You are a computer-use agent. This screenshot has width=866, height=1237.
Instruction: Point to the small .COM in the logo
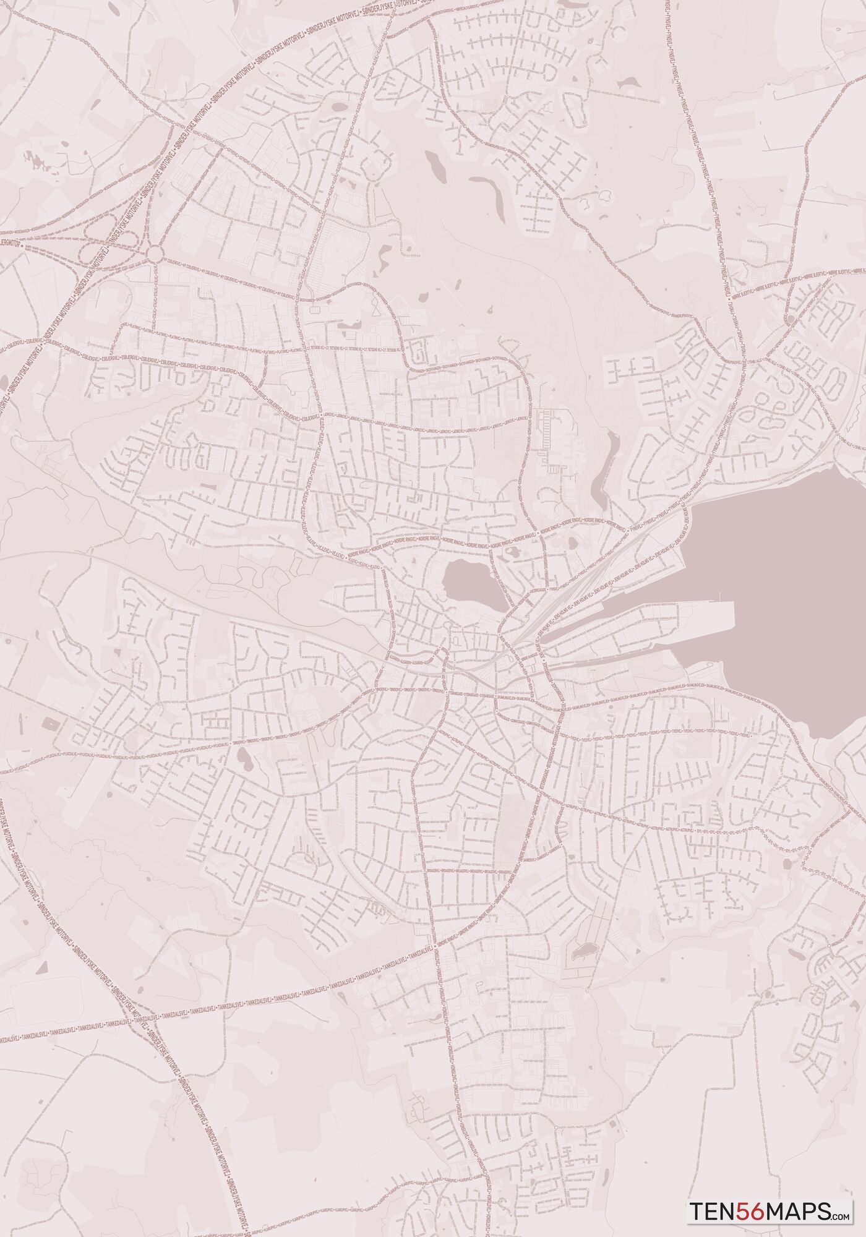(x=841, y=1216)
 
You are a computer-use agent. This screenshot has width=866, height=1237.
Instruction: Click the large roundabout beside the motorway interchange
(x=155, y=254)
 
